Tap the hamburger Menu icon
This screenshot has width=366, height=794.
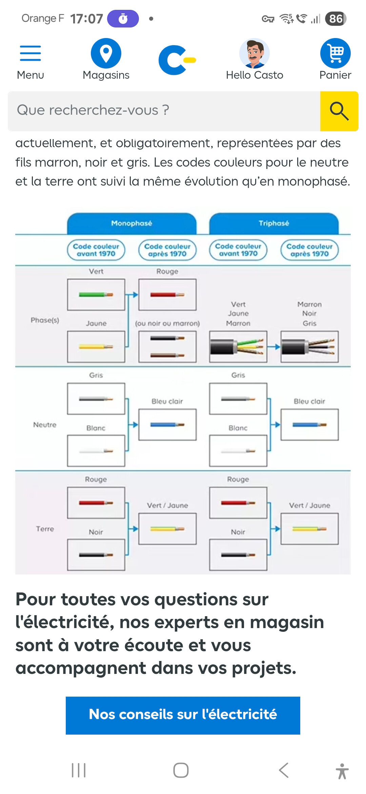[x=30, y=53]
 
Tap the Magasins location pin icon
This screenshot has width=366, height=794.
[x=106, y=53]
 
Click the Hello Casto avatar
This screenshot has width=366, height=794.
[x=255, y=53]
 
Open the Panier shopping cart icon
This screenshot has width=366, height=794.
[x=335, y=53]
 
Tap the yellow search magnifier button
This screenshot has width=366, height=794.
[x=339, y=111]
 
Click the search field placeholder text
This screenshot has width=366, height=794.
[x=93, y=110]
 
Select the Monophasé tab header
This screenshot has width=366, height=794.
[x=132, y=223]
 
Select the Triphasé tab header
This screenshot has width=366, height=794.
[x=274, y=223]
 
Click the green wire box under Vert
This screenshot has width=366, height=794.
[x=96, y=295]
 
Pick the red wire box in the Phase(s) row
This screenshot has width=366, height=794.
[x=167, y=295]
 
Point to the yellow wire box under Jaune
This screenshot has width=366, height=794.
[x=96, y=347]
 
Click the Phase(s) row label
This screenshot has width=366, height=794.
[x=45, y=320]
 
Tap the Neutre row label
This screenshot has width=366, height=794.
[x=45, y=425]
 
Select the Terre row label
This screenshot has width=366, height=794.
[x=45, y=529]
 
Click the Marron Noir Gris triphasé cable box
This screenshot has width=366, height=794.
[x=309, y=347]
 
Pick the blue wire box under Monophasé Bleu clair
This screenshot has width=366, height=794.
[x=167, y=424]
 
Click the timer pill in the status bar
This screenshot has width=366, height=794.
[x=123, y=19]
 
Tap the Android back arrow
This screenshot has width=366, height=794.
[x=284, y=770]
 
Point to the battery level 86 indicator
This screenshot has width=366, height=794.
[x=335, y=19]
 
